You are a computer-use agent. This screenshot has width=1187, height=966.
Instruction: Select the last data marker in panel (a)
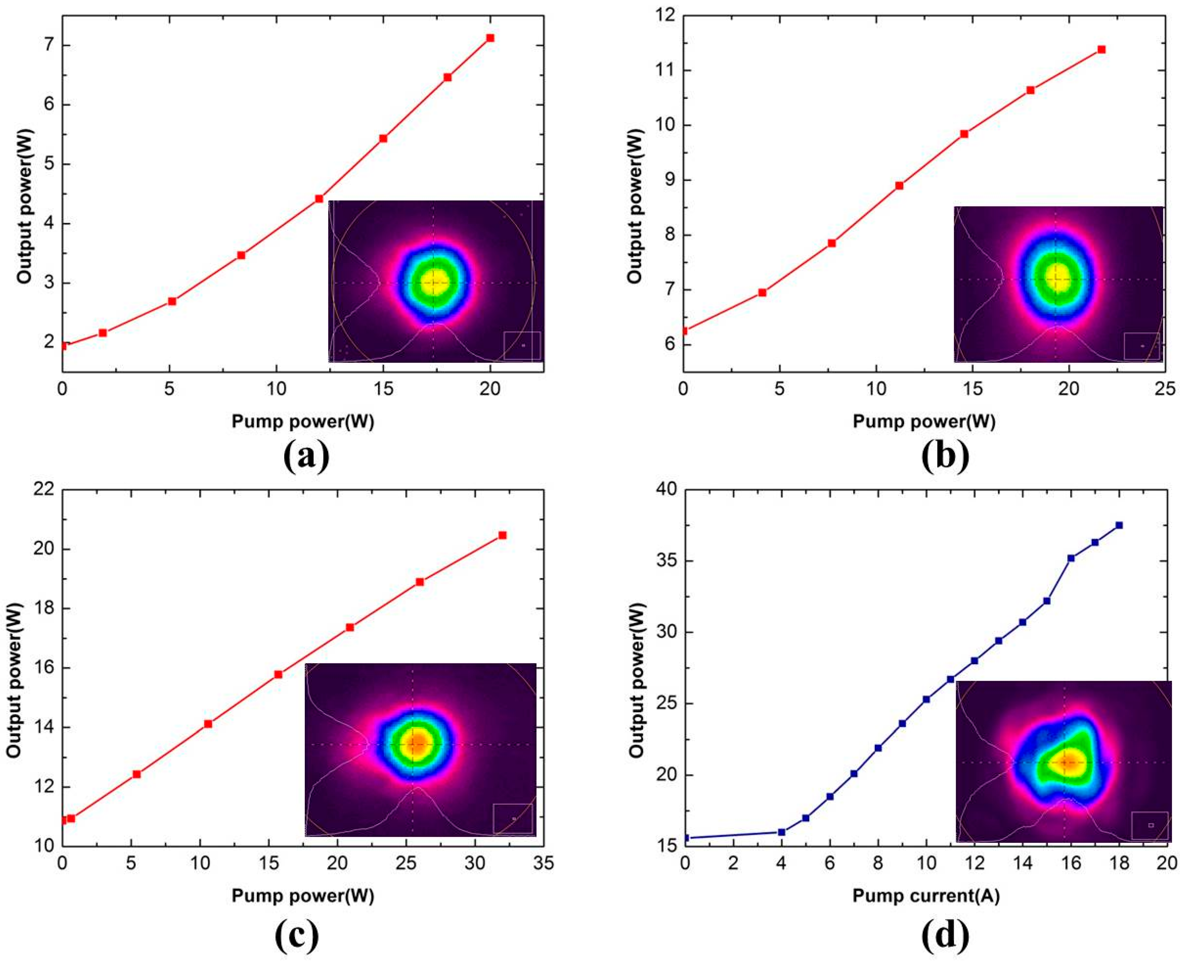click(490, 38)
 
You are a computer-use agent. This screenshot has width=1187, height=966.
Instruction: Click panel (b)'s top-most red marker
click(1101, 50)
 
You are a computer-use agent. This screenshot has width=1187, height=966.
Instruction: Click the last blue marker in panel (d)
click(1119, 525)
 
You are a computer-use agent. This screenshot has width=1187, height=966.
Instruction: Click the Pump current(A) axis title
click(926, 896)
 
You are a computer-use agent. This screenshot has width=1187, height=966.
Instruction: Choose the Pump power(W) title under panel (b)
click(924, 422)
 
